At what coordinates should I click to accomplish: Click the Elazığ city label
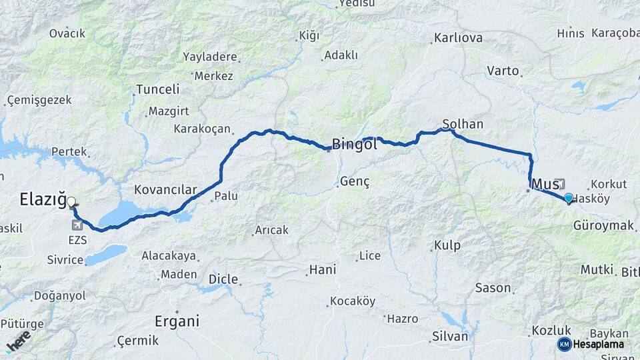tap(43, 199)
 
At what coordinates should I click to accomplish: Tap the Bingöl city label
tap(355, 143)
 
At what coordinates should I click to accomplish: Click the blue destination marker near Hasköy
tap(568, 197)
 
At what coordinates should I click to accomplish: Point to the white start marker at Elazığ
tap(71, 201)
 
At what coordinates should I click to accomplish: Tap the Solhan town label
tap(463, 124)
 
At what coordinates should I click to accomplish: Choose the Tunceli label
tap(158, 89)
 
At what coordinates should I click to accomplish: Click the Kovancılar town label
tap(165, 190)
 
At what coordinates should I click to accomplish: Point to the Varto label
tap(503, 70)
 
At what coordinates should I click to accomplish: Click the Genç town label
tap(355, 181)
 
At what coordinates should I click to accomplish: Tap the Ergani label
tap(177, 321)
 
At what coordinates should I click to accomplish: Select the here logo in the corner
tap(18, 341)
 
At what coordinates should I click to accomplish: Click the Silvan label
tap(450, 336)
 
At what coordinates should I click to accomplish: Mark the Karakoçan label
tap(201, 129)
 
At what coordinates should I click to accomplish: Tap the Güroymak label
tap(603, 226)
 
